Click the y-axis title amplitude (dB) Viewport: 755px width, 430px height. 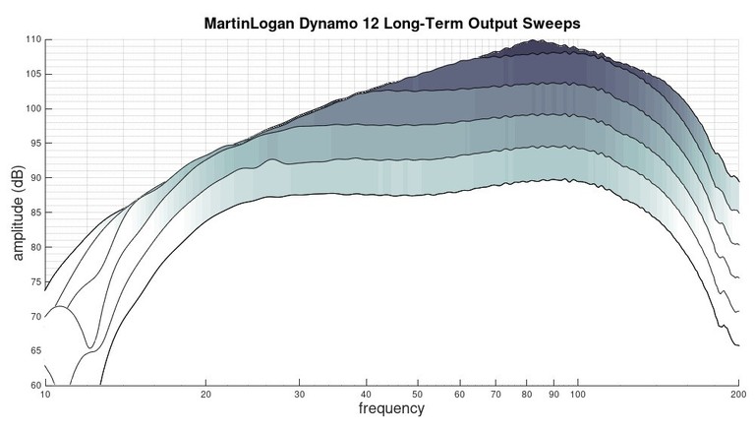(18, 213)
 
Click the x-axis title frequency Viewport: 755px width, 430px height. (391, 408)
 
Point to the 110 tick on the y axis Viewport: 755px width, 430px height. (34, 39)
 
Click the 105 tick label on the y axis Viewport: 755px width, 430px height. (34, 74)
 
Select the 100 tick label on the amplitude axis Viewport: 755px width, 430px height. (34, 108)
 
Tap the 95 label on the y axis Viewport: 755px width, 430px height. (36, 143)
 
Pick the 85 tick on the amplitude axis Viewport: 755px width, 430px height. (36, 213)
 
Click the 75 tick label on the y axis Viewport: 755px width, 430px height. (36, 281)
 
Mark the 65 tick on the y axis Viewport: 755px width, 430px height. (36, 350)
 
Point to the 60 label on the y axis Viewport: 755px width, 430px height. (36, 385)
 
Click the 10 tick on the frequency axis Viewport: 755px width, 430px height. (46, 394)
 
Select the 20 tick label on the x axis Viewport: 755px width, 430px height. (205, 394)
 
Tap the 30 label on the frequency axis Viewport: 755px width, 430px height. (299, 394)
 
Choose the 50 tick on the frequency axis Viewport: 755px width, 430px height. (417, 394)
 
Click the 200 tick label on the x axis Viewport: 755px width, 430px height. (737, 394)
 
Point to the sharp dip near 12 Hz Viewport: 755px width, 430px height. (90, 347)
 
